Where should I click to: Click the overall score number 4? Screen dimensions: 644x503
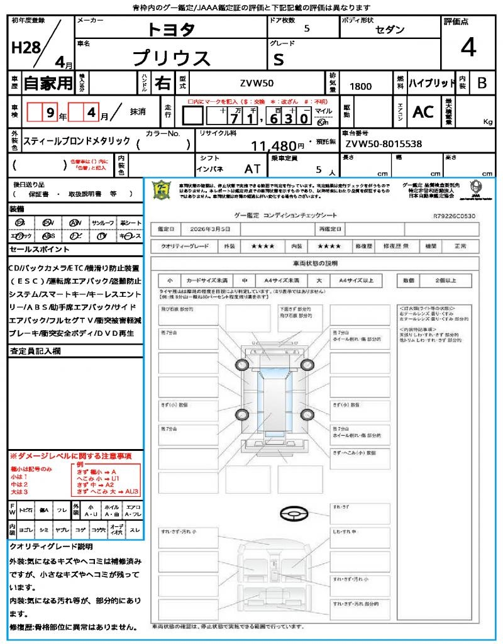[468, 48]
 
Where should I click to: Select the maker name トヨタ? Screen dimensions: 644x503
[171, 30]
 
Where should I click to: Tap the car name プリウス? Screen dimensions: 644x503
[171, 58]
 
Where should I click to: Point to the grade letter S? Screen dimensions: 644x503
[279, 58]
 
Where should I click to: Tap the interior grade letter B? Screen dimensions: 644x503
[482, 83]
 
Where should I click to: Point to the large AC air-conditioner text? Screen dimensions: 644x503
[423, 112]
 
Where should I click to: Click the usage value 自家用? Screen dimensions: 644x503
[48, 83]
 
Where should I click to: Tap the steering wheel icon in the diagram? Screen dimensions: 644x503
[293, 514]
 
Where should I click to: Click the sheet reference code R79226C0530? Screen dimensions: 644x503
[455, 216]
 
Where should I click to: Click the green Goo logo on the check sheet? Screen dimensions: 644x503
[162, 189]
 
